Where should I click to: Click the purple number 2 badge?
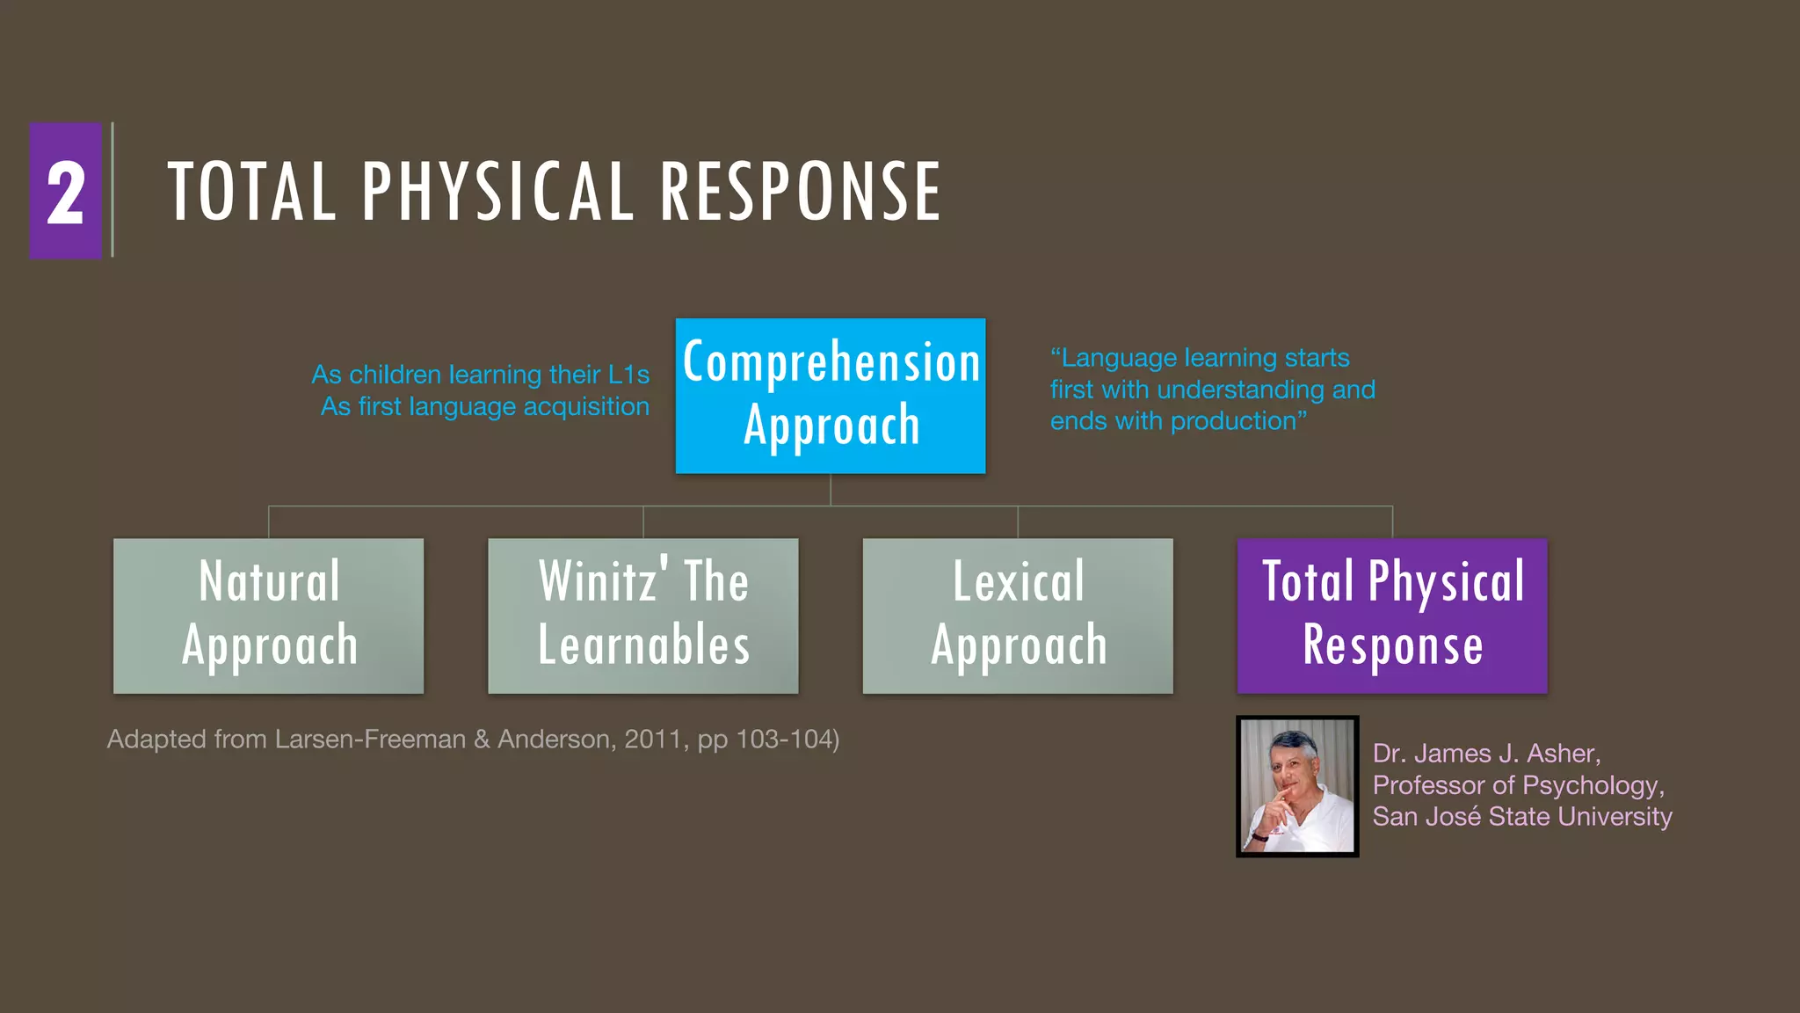[x=66, y=191]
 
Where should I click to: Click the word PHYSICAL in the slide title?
[x=497, y=192]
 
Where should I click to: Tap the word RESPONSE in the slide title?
[x=800, y=192]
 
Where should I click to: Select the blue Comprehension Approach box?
[x=830, y=396]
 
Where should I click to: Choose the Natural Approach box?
[x=268, y=616]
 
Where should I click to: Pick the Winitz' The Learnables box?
[x=642, y=616]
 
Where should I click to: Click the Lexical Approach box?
[x=1017, y=616]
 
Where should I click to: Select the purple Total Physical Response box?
[x=1391, y=616]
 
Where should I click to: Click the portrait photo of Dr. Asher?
[x=1296, y=786]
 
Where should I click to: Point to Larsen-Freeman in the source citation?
[x=370, y=740]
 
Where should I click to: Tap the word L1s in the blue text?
[x=629, y=375]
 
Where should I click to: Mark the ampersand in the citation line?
[x=482, y=740]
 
